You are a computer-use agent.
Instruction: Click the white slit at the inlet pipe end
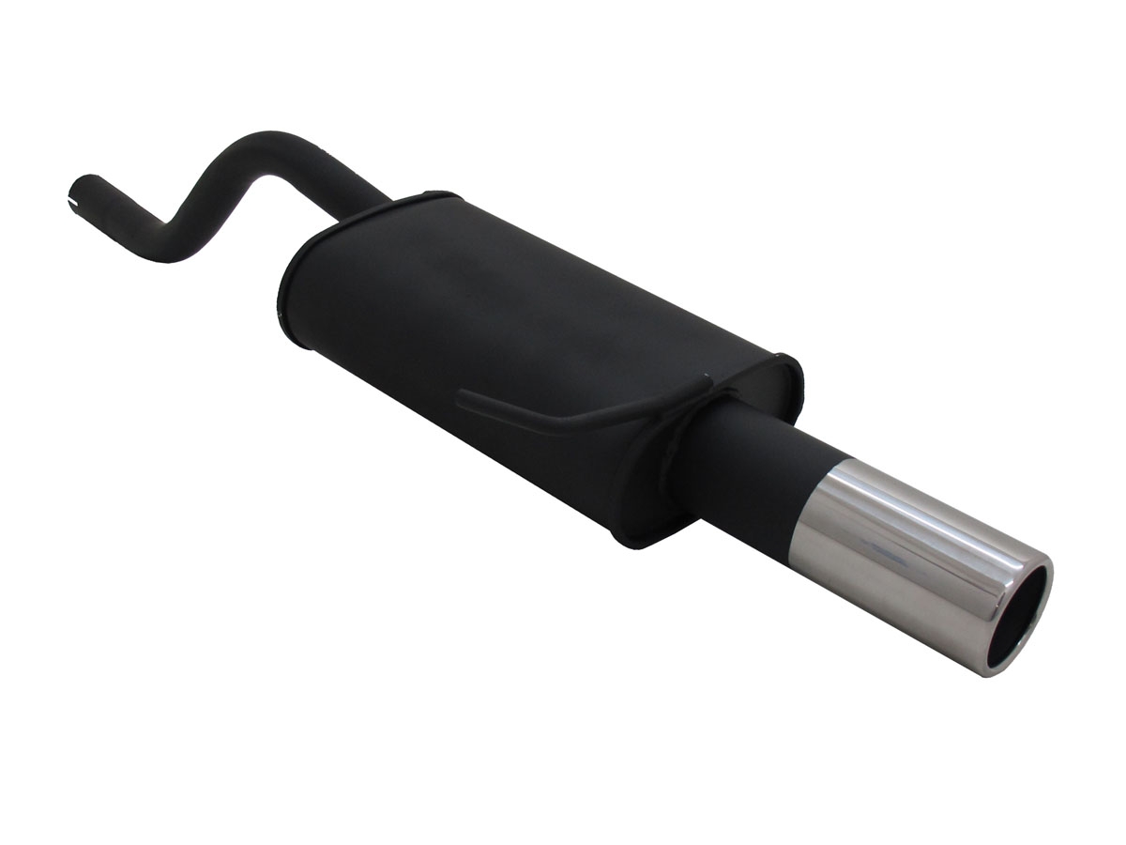74,199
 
